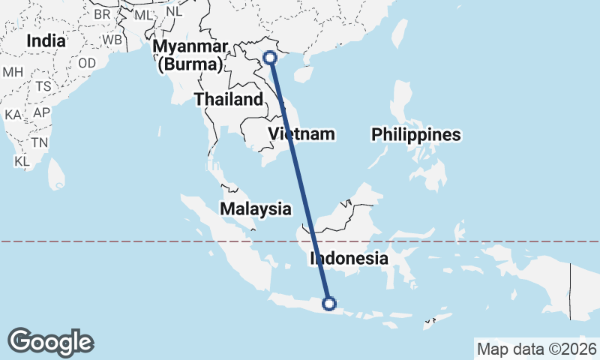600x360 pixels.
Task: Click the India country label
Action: [46, 42]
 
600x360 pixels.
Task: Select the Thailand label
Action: [228, 100]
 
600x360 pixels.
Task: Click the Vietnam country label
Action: [301, 135]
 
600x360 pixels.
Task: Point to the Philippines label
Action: [416, 135]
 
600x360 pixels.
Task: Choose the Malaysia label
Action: [256, 208]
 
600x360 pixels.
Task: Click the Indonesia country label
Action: [349, 259]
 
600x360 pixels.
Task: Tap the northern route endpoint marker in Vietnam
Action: [271, 57]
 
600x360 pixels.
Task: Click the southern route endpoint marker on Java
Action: [328, 304]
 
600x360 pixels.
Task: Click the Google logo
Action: [50, 342]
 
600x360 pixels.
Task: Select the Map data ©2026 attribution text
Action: [536, 349]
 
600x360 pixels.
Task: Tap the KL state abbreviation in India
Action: [22, 161]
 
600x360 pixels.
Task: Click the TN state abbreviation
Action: [40, 142]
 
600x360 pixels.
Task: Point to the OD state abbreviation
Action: [87, 63]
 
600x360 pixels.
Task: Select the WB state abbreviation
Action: [112, 39]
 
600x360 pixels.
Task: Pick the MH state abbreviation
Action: [13, 72]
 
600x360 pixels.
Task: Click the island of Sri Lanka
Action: [55, 174]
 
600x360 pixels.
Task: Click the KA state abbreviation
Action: [13, 115]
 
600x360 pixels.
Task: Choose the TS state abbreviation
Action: [43, 86]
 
